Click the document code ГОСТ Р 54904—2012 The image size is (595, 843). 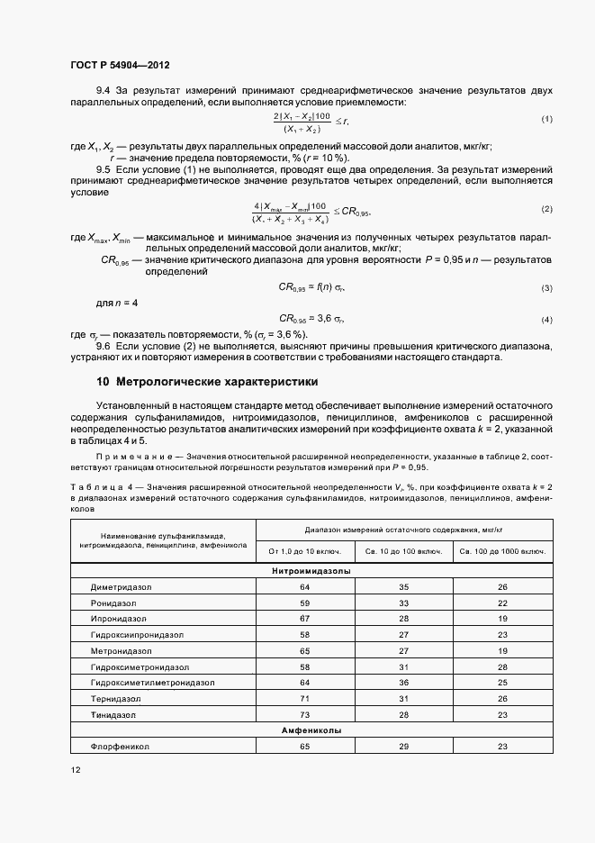[x=119, y=66]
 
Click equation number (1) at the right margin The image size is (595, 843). [x=546, y=120]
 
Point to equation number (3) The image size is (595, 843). [x=546, y=287]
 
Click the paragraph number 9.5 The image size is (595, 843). [x=104, y=169]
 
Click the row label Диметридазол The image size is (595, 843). [x=121, y=587]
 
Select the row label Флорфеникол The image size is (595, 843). [x=120, y=747]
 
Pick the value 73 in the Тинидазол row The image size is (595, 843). [x=305, y=714]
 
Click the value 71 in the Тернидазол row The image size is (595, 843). [x=305, y=698]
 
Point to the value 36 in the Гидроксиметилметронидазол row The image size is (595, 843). [x=404, y=683]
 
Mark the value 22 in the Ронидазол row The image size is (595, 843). [x=503, y=603]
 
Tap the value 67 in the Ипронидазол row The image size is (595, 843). [x=305, y=619]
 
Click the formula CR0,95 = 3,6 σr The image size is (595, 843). [x=311, y=319]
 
